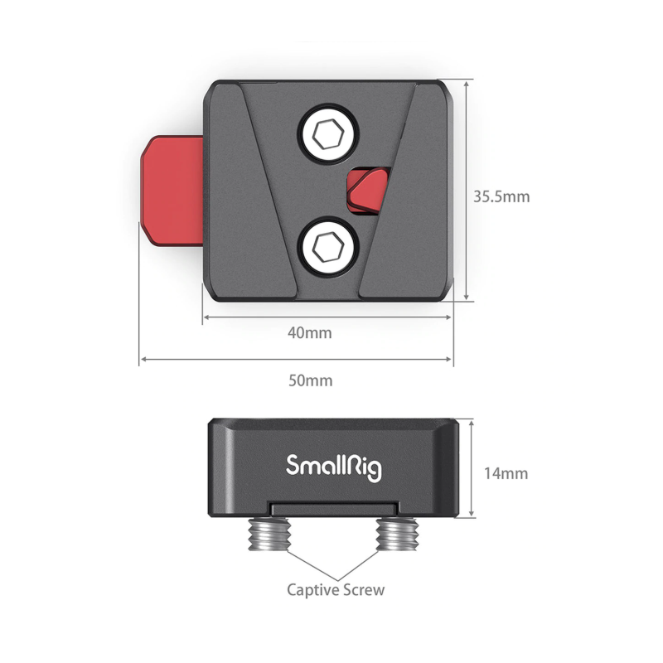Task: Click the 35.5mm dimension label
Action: [x=501, y=196]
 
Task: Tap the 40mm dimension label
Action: [x=310, y=333]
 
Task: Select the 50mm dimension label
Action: [x=311, y=380]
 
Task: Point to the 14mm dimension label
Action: [x=506, y=473]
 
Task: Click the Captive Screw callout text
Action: [x=336, y=590]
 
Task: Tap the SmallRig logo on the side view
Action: [x=334, y=467]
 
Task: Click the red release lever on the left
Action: [x=172, y=191]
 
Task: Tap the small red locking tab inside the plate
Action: [x=367, y=191]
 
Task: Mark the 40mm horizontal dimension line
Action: [x=327, y=317]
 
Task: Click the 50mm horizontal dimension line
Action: [x=296, y=359]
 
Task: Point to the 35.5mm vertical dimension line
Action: [x=467, y=191]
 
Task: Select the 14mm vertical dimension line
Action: [x=472, y=468]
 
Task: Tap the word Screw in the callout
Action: [x=364, y=589]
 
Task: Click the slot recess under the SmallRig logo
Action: [x=334, y=509]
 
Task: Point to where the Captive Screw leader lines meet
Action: [x=337, y=580]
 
